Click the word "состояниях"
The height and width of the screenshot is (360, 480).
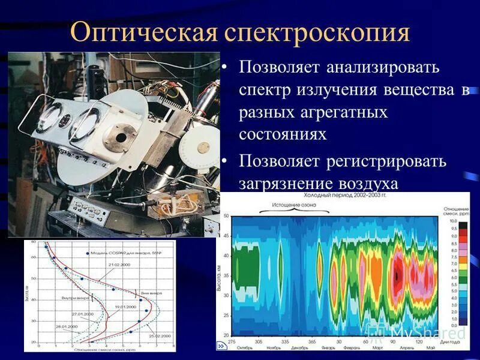(283, 134)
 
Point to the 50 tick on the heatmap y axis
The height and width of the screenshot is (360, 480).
(226, 215)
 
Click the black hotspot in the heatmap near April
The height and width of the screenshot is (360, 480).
(397, 275)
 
